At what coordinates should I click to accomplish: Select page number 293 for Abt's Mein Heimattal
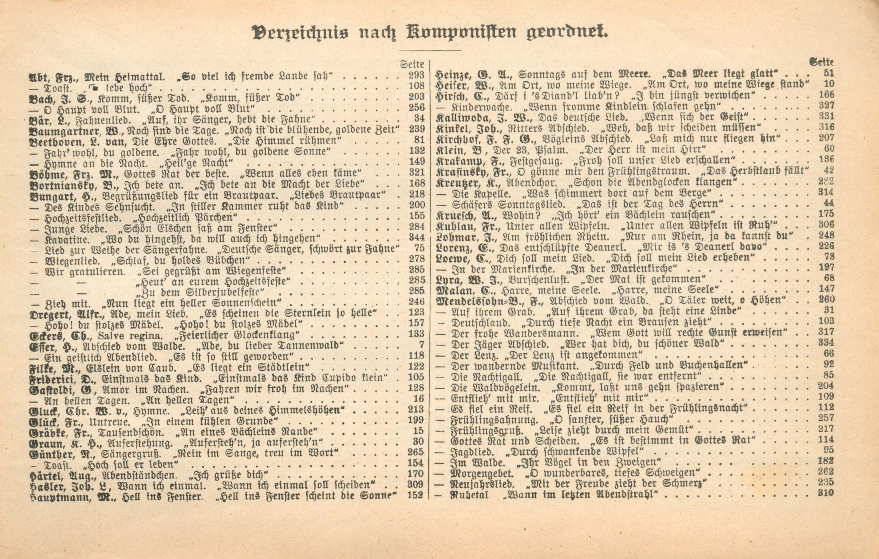point(416,75)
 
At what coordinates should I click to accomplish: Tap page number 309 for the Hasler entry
point(416,484)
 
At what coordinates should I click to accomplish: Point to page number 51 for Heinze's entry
point(829,74)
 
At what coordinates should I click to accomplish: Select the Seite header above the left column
point(412,64)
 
